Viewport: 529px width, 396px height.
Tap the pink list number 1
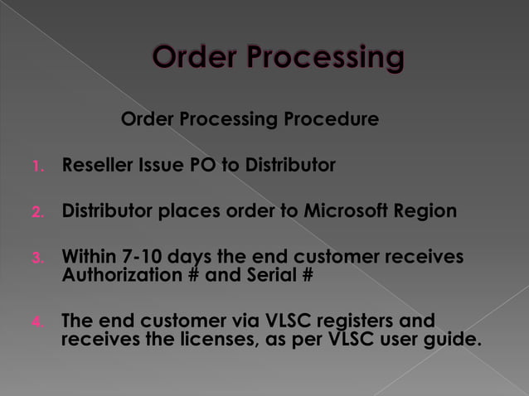[x=36, y=167]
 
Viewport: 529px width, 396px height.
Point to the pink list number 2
[x=36, y=212]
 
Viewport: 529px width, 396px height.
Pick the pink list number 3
[x=36, y=258]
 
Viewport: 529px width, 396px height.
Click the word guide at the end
[x=450, y=340]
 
